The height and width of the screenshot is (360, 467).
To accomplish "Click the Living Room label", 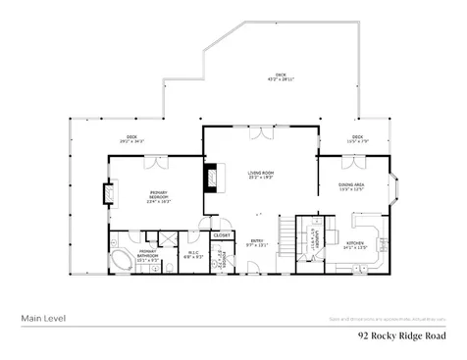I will coord(260,175).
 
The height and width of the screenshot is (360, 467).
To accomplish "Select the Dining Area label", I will coord(350,187).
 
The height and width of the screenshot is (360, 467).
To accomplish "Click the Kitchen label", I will coord(354,245).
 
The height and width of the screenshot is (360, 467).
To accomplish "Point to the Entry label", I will coord(256,244).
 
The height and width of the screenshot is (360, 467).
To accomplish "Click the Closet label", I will coord(223,235).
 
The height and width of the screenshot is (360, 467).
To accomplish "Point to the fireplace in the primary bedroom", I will coord(110,193).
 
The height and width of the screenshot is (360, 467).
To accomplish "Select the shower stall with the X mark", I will coord(169,237).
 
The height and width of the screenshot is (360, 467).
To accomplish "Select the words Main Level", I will coord(42,318).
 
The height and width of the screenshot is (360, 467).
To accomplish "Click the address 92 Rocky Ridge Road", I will coord(402,334).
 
